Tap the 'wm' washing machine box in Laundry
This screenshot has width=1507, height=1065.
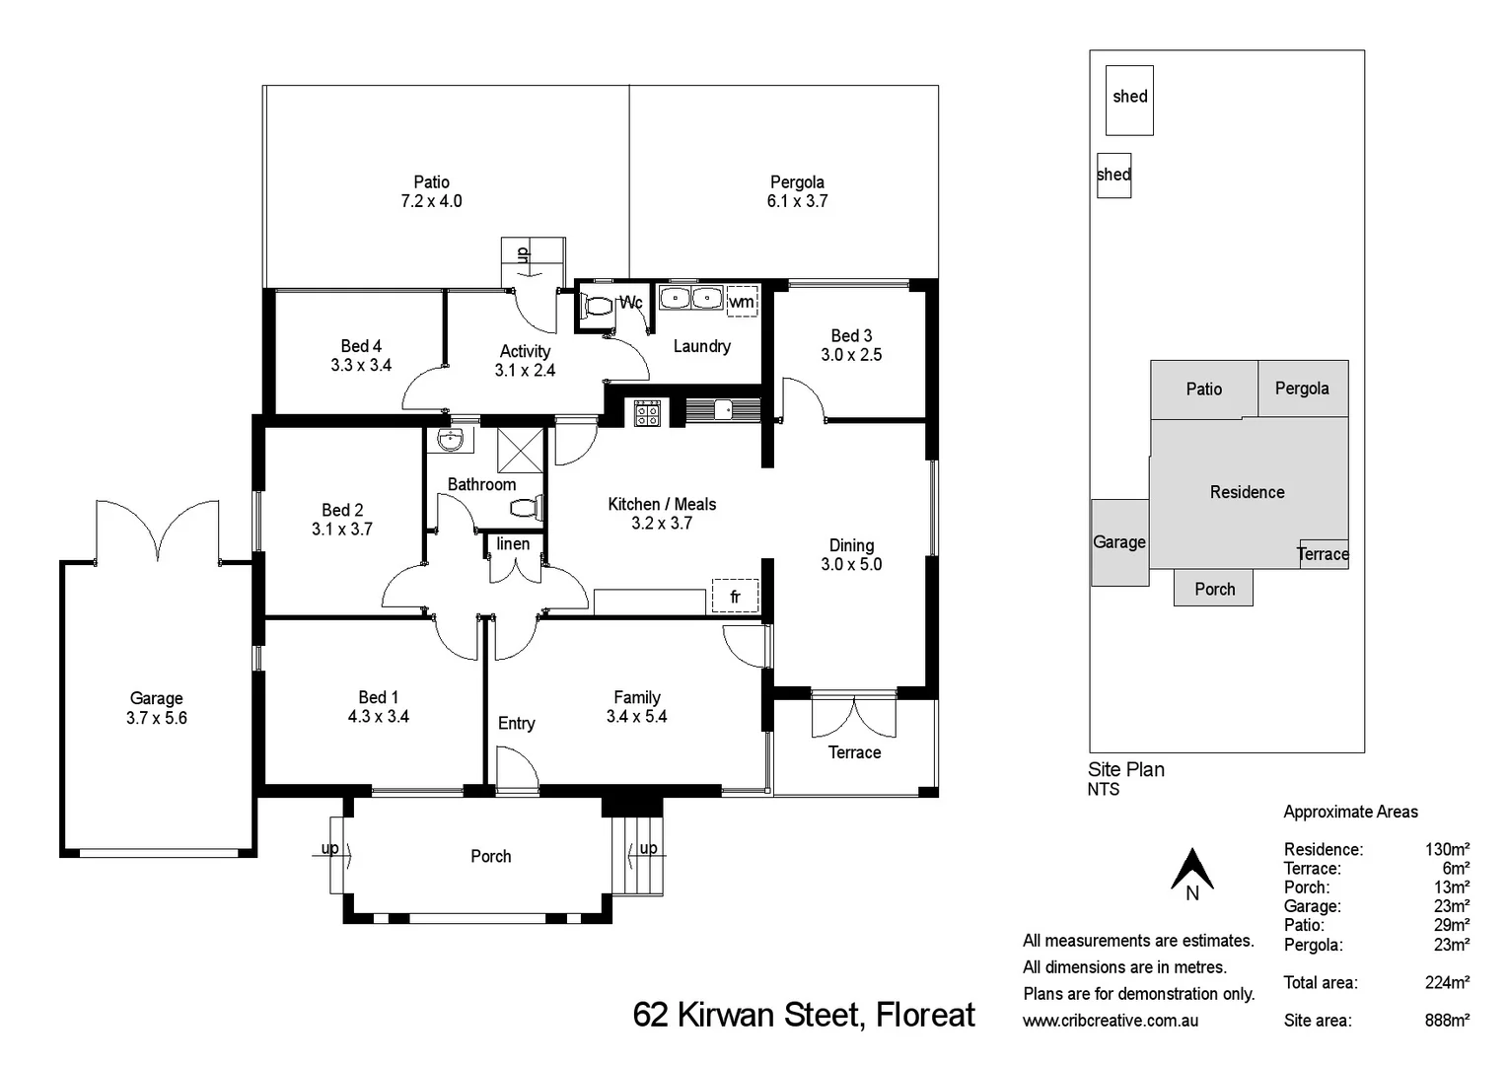pyautogui.click(x=742, y=302)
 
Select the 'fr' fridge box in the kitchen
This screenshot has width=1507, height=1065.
pyautogui.click(x=735, y=597)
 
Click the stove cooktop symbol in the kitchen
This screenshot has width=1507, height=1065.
pyautogui.click(x=646, y=412)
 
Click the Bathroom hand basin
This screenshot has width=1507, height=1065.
pyautogui.click(x=451, y=440)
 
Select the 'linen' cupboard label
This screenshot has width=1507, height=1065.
pyautogui.click(x=513, y=544)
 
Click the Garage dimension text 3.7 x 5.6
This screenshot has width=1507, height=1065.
pyautogui.click(x=156, y=718)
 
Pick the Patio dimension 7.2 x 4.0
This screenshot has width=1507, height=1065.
pyautogui.click(x=431, y=201)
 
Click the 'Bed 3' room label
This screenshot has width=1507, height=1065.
pyautogui.click(x=851, y=336)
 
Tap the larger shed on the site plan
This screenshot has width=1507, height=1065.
pyautogui.click(x=1129, y=100)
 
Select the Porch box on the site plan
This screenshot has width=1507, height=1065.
pyautogui.click(x=1213, y=589)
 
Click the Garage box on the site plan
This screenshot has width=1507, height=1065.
pyautogui.click(x=1119, y=542)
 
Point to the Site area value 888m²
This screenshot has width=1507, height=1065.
pyautogui.click(x=1447, y=1021)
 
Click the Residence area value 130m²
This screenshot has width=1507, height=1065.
pyautogui.click(x=1447, y=849)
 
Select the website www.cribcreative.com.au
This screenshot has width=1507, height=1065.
pyautogui.click(x=1111, y=1021)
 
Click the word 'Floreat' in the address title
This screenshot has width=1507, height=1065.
pyautogui.click(x=926, y=1015)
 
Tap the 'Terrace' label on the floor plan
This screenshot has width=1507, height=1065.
pyautogui.click(x=854, y=752)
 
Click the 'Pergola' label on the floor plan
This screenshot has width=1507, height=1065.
pyautogui.click(x=797, y=182)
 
